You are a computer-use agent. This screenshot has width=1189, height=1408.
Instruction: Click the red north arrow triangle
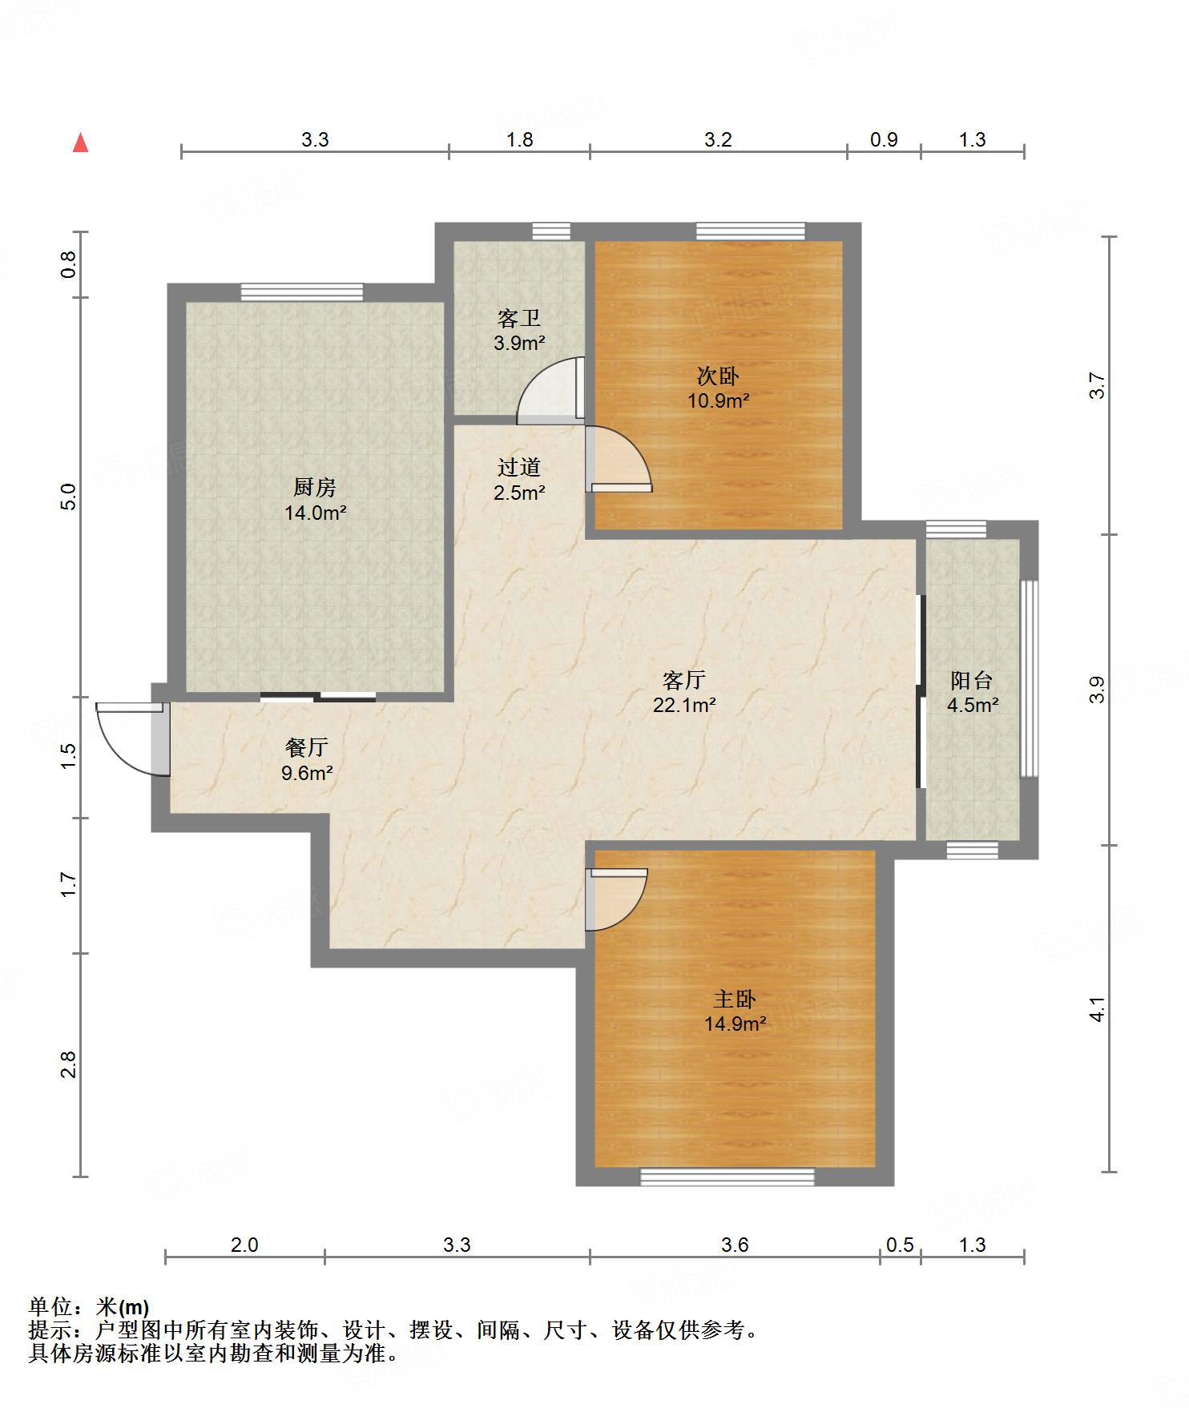tap(80, 143)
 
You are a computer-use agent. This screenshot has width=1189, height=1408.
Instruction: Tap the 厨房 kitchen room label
tap(314, 486)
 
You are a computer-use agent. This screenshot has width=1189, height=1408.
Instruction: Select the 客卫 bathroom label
tap(518, 318)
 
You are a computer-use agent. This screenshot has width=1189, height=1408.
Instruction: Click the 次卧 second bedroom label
tap(718, 375)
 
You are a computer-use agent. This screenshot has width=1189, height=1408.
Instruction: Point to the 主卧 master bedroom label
tap(735, 999)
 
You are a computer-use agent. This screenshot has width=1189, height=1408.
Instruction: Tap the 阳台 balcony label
tap(972, 680)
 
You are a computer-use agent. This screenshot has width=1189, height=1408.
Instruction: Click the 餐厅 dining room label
tap(307, 747)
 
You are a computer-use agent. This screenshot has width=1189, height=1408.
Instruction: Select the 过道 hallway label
tap(519, 467)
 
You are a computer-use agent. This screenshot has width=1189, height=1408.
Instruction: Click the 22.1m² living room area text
tap(683, 706)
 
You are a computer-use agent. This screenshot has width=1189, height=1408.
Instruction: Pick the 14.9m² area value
tap(736, 1024)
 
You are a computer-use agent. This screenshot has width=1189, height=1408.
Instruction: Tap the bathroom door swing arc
tap(550, 390)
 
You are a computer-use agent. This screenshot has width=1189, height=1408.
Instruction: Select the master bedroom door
tap(616, 899)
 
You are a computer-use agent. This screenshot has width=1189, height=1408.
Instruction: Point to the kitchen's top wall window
tap(302, 292)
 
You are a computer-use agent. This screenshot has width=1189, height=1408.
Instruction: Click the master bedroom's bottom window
tap(727, 1177)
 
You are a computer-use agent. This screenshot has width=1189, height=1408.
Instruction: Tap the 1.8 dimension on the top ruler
tap(519, 139)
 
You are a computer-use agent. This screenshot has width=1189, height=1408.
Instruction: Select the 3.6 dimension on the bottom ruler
tap(735, 1245)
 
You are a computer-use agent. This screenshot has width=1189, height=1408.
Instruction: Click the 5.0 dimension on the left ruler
tap(68, 497)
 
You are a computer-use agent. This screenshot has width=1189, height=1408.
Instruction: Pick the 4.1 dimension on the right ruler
tap(1098, 1009)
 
